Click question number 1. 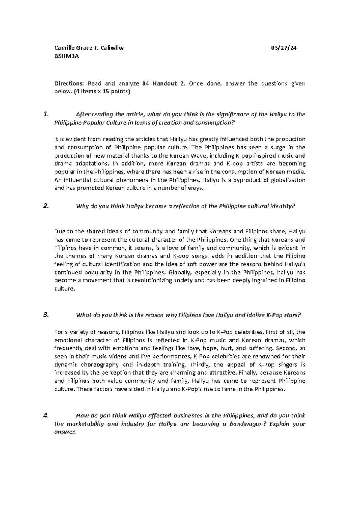pos(46,114)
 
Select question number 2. pos(46,206)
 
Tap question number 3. pos(46,315)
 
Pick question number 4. pos(46,416)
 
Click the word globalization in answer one pos(288,180)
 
